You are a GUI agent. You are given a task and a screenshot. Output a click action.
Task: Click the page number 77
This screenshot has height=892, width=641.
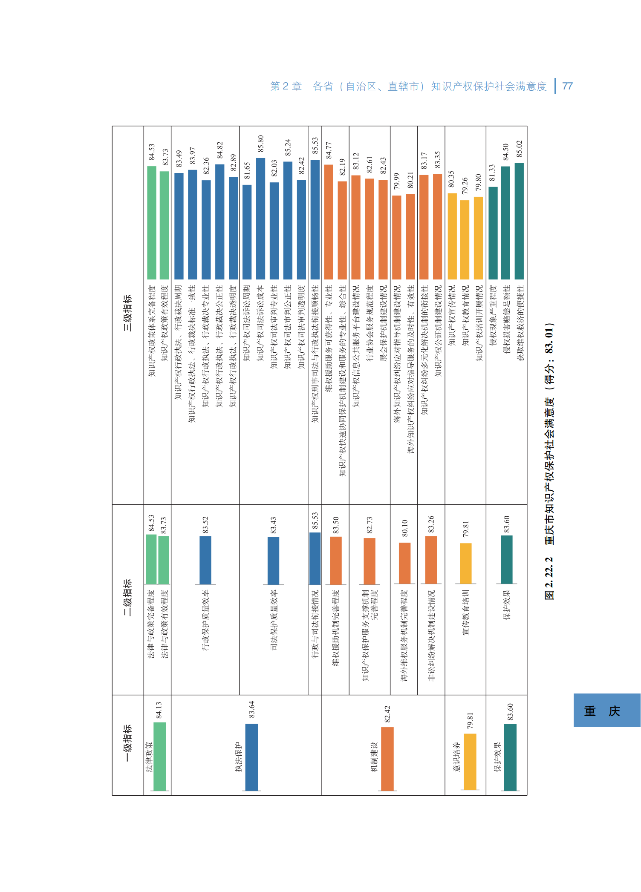click(x=567, y=86)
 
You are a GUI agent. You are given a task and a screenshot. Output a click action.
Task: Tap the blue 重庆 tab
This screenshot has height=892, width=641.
click(x=606, y=711)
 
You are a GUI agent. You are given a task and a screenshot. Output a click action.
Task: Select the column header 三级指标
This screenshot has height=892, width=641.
click(x=127, y=313)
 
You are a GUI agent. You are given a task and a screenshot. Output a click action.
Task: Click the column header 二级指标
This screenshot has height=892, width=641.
click(x=127, y=597)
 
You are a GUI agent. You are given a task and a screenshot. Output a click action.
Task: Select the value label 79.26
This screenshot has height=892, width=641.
click(x=465, y=186)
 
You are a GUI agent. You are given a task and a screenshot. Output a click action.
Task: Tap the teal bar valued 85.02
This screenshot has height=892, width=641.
click(x=519, y=221)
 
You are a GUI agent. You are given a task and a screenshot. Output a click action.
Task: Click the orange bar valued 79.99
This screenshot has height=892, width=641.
click(x=396, y=237)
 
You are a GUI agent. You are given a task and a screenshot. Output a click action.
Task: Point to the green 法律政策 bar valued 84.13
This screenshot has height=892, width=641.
click(x=159, y=757)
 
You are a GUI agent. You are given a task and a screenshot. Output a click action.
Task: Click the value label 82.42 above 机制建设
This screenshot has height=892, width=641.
click(x=387, y=714)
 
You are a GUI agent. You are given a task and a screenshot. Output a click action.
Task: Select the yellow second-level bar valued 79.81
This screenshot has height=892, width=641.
click(x=465, y=563)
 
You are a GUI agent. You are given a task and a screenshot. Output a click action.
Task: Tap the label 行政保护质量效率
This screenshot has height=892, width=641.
click(x=205, y=620)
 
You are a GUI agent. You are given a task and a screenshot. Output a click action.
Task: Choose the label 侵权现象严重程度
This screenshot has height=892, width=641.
click(x=492, y=316)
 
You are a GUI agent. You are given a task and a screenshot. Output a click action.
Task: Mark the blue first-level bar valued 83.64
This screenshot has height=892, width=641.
click(x=251, y=757)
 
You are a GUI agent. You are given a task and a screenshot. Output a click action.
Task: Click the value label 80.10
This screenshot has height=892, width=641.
click(x=404, y=528)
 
